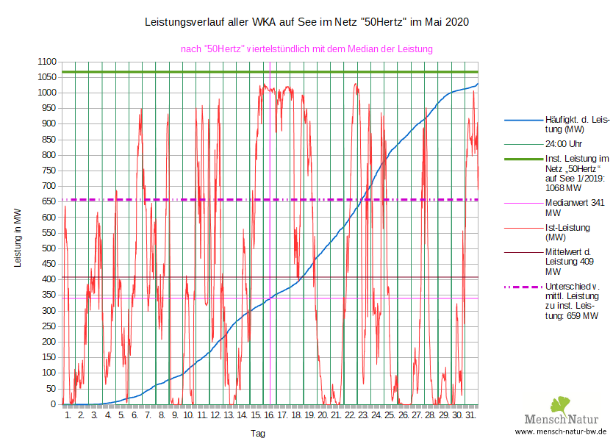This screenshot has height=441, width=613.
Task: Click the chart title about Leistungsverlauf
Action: tap(306, 23)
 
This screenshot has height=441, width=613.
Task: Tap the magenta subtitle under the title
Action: tap(306, 49)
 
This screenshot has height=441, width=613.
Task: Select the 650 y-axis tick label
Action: tap(49, 201)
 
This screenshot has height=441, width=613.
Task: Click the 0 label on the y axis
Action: tap(54, 404)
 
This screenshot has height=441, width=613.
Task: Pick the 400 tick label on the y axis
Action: tap(49, 279)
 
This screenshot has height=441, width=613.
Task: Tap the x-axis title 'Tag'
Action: tap(258, 434)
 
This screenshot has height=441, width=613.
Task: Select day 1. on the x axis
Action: tap(68, 415)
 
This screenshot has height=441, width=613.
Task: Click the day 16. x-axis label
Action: tap(270, 415)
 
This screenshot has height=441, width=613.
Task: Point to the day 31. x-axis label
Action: tap(471, 415)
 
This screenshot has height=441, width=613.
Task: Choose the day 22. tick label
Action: tap(351, 415)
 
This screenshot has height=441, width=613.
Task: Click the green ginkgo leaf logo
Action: tap(561, 405)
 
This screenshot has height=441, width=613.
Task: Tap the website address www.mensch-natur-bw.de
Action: tap(561, 432)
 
